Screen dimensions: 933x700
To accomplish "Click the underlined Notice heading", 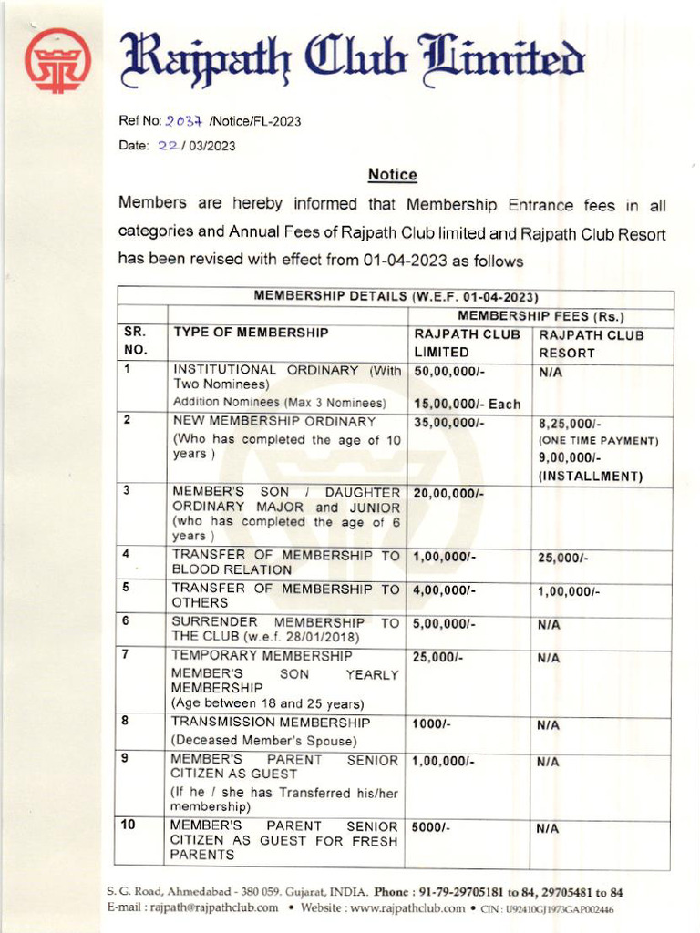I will click(392, 174).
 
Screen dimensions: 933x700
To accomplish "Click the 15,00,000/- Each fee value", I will click(467, 404).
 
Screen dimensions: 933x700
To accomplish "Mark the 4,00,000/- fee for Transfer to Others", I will click(447, 590).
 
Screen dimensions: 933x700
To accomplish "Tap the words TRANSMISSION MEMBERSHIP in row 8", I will click(271, 722).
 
